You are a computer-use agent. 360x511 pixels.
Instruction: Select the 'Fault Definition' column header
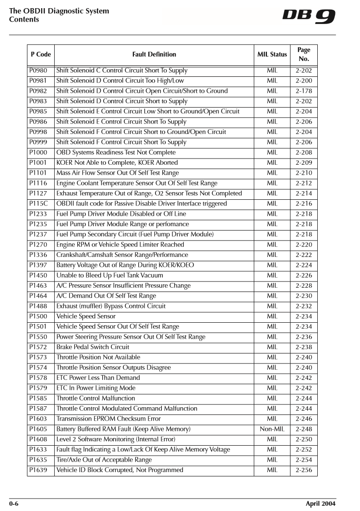(x=154, y=55)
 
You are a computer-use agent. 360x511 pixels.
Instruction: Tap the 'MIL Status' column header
(x=272, y=55)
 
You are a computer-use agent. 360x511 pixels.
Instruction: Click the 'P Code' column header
(x=40, y=55)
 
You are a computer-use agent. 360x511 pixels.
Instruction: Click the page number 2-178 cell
(x=303, y=91)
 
